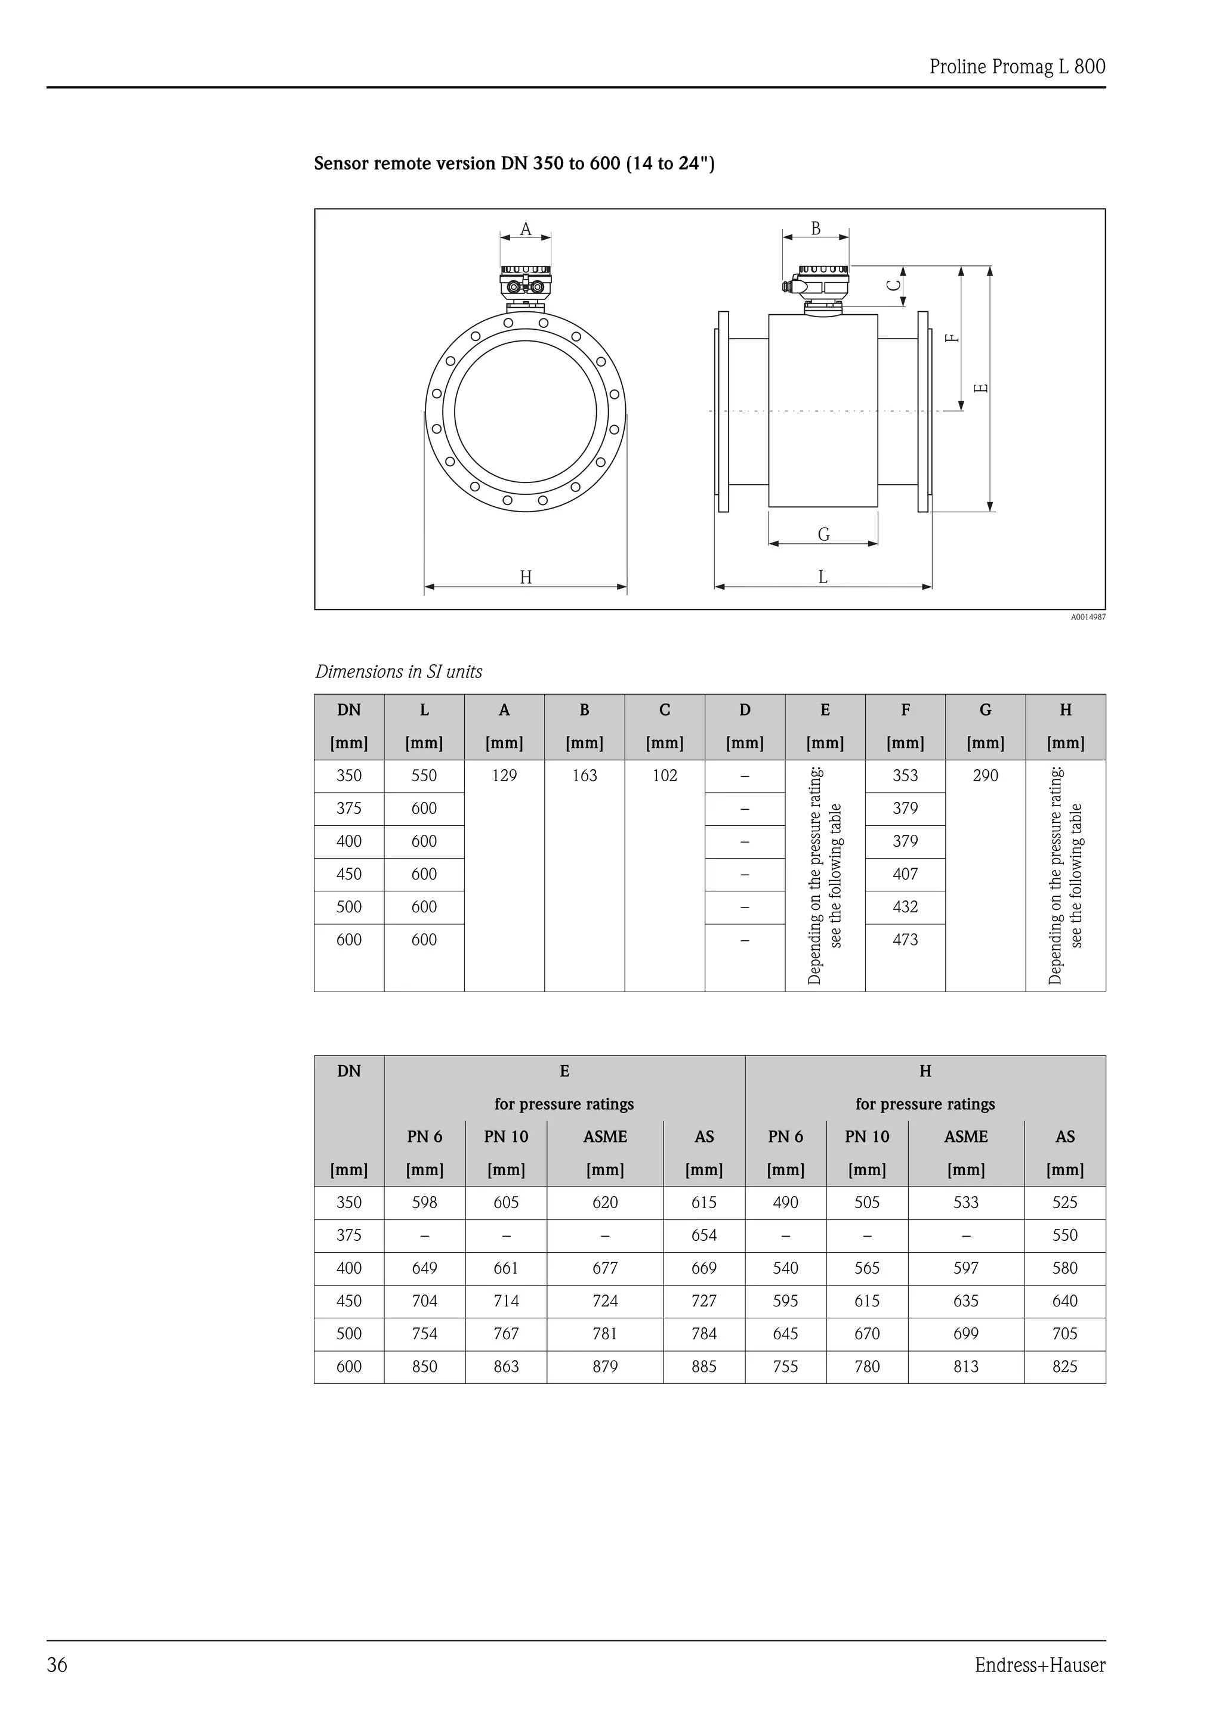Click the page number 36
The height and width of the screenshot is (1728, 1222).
click(x=57, y=1665)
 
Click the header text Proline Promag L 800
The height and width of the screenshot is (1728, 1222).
click(x=1017, y=67)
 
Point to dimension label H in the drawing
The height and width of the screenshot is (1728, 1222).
click(x=526, y=577)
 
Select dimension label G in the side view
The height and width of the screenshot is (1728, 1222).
click(x=823, y=534)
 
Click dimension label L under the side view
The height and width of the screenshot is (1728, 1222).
click(x=822, y=577)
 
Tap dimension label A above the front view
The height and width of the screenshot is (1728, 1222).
click(x=526, y=229)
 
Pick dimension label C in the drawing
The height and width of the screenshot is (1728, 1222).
click(x=894, y=285)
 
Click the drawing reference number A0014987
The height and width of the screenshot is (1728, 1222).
click(x=1088, y=617)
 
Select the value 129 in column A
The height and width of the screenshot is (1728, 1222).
click(x=504, y=776)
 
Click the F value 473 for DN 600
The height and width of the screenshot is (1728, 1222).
click(x=905, y=940)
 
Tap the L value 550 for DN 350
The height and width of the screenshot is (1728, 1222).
click(x=424, y=776)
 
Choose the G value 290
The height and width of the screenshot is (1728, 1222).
click(x=985, y=776)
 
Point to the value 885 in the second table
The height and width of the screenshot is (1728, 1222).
click(x=704, y=1367)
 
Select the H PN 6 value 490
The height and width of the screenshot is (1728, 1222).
click(x=785, y=1203)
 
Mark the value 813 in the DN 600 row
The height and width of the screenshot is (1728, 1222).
click(x=966, y=1367)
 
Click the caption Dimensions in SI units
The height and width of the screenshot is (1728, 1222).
click(x=399, y=672)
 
